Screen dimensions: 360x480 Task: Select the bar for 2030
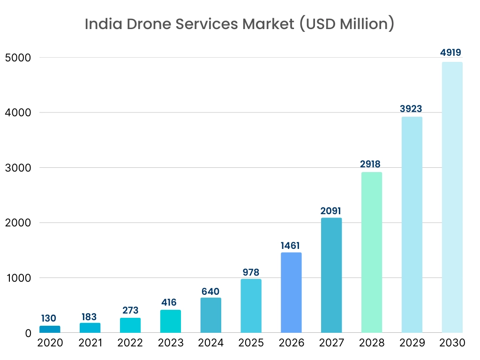pyautogui.click(x=452, y=197)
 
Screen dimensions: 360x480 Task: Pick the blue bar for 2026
pyautogui.click(x=291, y=292)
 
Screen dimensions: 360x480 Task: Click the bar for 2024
pyautogui.click(x=210, y=315)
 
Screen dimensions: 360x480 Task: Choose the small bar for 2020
pyautogui.click(x=50, y=329)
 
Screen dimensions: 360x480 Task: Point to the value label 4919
pyautogui.click(x=452, y=52)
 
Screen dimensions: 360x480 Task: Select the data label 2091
pyautogui.click(x=331, y=211)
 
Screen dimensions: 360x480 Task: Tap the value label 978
pyautogui.click(x=251, y=272)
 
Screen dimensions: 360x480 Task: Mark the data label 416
pyautogui.click(x=170, y=303)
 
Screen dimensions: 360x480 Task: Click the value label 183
pyautogui.click(x=90, y=316)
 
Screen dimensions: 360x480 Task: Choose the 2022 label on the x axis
pyautogui.click(x=130, y=343)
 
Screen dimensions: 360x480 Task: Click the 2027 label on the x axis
pyautogui.click(x=331, y=343)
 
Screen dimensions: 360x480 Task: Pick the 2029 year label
pyautogui.click(x=412, y=343)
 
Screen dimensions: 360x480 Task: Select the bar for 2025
pyautogui.click(x=251, y=306)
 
